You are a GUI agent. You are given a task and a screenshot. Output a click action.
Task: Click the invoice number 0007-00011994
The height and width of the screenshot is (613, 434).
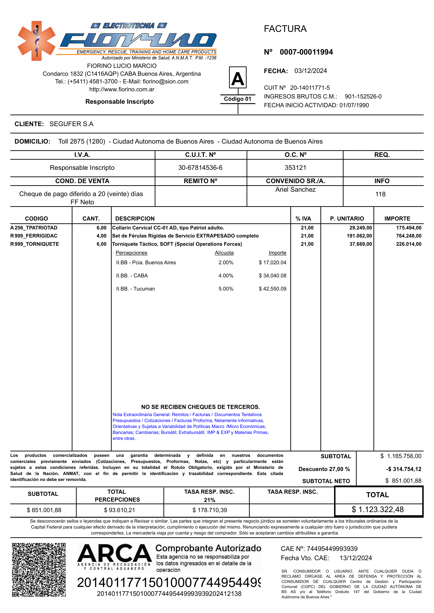(306, 52)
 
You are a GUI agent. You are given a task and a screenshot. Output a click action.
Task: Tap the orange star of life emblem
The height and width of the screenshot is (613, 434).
(37, 41)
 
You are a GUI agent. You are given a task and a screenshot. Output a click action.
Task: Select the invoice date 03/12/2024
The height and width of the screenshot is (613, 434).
(310, 71)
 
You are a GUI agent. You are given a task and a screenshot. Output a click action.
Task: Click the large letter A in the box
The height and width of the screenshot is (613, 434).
(238, 79)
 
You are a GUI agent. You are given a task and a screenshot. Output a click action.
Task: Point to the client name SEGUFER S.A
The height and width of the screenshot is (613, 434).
(71, 124)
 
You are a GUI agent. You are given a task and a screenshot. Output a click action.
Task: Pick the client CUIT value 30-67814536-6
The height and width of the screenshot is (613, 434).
(200, 168)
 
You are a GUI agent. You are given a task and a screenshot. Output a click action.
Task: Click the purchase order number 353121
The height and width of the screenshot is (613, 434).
(295, 168)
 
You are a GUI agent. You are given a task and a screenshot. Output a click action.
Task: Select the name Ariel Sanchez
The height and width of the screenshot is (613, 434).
(295, 190)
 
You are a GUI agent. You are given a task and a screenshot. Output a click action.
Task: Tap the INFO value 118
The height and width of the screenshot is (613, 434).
(380, 194)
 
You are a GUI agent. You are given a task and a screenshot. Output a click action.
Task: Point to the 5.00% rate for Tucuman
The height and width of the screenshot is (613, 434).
(226, 289)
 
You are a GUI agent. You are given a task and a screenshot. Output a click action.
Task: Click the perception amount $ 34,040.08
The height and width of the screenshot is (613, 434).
(272, 276)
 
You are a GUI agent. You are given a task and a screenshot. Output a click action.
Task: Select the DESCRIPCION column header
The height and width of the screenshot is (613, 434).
(135, 218)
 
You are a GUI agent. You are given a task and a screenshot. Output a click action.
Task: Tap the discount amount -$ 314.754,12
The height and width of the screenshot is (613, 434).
(404, 469)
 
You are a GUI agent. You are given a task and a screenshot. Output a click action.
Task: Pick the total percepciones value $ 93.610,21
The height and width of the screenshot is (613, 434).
(120, 510)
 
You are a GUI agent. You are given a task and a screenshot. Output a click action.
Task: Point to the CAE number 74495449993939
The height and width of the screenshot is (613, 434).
(332, 549)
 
